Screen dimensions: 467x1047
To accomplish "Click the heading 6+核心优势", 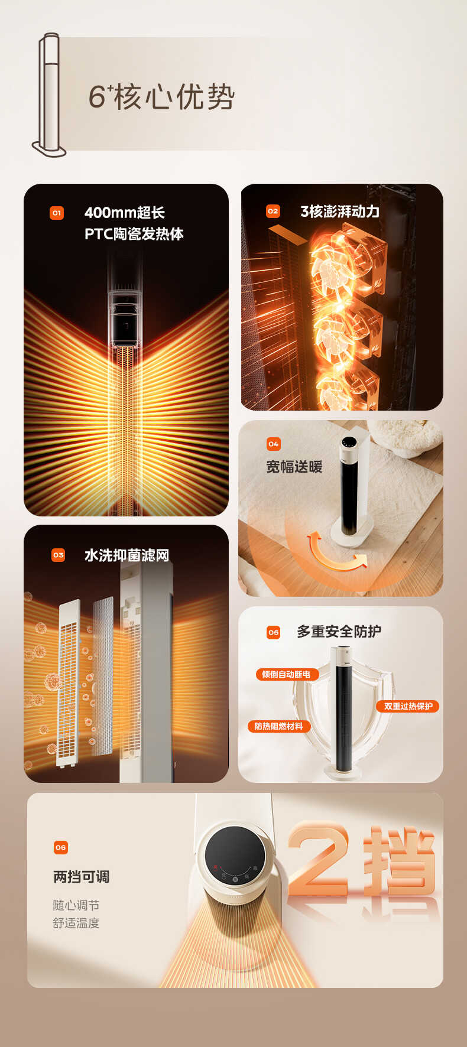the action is (x=161, y=97).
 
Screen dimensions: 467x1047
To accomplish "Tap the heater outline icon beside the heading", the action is (x=49, y=95).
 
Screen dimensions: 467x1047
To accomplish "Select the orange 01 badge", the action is (x=57, y=213).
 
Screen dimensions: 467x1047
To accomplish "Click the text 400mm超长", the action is (x=125, y=213).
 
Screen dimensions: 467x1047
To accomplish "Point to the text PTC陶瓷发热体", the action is (x=134, y=234).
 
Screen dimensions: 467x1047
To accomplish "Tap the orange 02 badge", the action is (x=273, y=211).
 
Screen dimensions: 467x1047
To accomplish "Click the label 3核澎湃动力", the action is (x=340, y=212).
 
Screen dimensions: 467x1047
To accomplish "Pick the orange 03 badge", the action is (x=59, y=555).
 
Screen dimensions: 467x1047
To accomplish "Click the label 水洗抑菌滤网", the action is (x=127, y=555).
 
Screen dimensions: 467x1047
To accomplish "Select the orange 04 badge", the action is (x=274, y=444).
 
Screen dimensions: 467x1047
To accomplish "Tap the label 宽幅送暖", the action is (x=294, y=467).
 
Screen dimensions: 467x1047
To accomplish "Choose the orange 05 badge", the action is (x=273, y=632).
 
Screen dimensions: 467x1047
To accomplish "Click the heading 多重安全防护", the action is (x=339, y=632).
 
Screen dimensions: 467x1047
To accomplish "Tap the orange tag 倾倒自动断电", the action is (x=287, y=674).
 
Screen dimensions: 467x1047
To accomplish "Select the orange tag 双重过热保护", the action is (x=408, y=706).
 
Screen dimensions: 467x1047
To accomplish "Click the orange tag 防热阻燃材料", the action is (x=278, y=726).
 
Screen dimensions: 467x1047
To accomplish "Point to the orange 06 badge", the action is (x=61, y=847).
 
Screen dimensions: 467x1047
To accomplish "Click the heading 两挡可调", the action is (x=82, y=877).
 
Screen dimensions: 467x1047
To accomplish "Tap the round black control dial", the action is (x=235, y=856).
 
